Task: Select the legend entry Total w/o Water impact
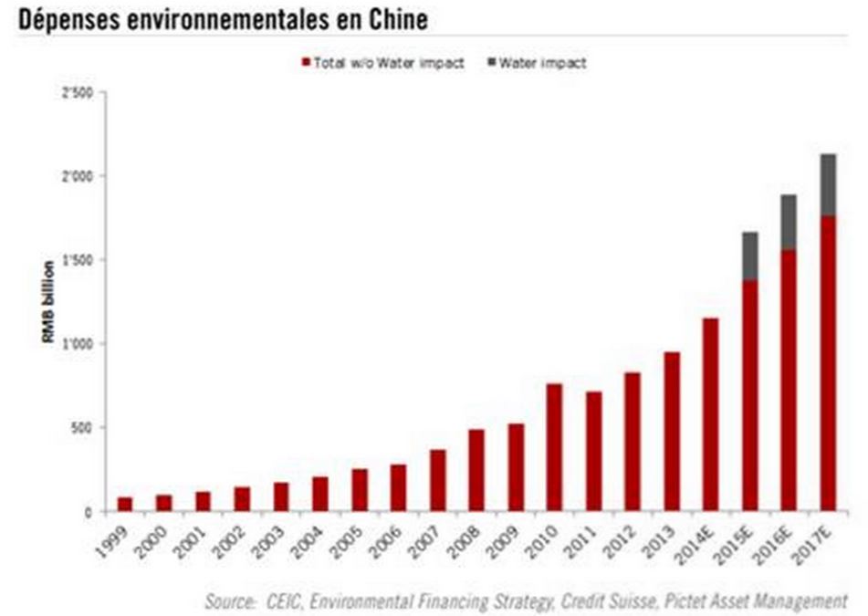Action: tap(383, 63)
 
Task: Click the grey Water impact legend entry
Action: tap(537, 63)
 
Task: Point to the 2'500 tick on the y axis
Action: tap(78, 92)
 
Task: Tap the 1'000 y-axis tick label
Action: tap(78, 344)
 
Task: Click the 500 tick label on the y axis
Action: tap(81, 428)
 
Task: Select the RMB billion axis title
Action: tap(48, 302)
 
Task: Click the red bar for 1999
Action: tap(125, 504)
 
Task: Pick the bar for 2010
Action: tap(554, 447)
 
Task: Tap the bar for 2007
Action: tap(437, 480)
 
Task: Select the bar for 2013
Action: tap(672, 431)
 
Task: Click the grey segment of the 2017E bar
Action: tap(828, 185)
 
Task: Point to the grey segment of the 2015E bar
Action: tap(750, 256)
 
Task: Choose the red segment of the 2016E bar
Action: tap(789, 381)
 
